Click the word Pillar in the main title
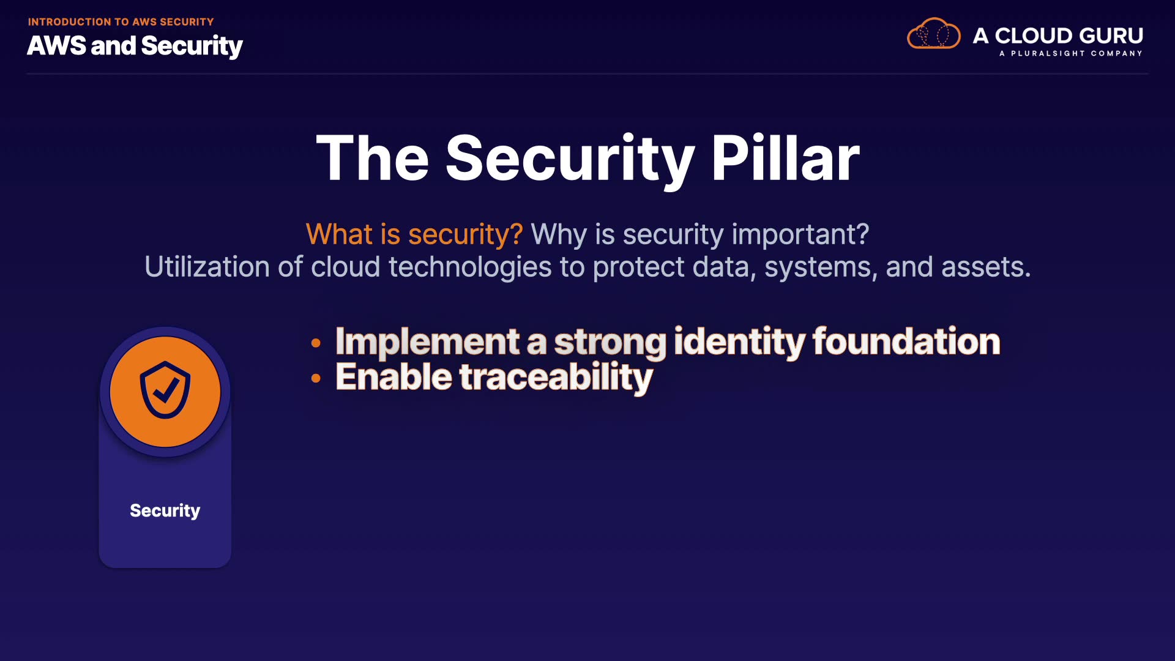[x=785, y=159]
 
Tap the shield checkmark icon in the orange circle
[x=165, y=390]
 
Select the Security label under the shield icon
[x=165, y=510]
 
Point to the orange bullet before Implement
[x=316, y=343]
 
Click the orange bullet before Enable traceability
[x=316, y=378]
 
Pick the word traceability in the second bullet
[x=556, y=378]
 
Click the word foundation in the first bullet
[x=906, y=342]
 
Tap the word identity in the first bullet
[x=739, y=342]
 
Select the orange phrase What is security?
[x=414, y=234]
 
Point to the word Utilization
[x=207, y=267]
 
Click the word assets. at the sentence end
[x=986, y=267]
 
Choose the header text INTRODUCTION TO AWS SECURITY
[x=121, y=22]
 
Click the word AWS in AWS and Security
[x=56, y=46]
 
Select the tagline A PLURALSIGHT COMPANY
[x=1071, y=54]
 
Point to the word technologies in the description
[x=470, y=267]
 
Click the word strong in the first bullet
[x=610, y=343]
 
